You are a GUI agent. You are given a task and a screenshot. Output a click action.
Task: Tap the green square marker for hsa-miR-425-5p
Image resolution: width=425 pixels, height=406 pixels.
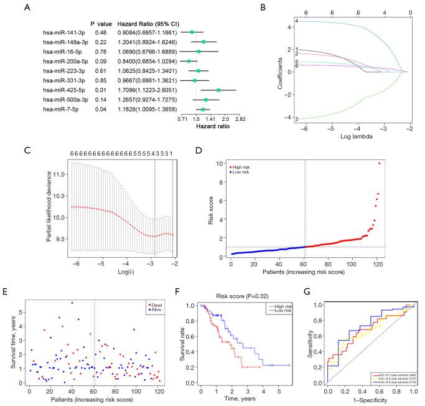point(219,90)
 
